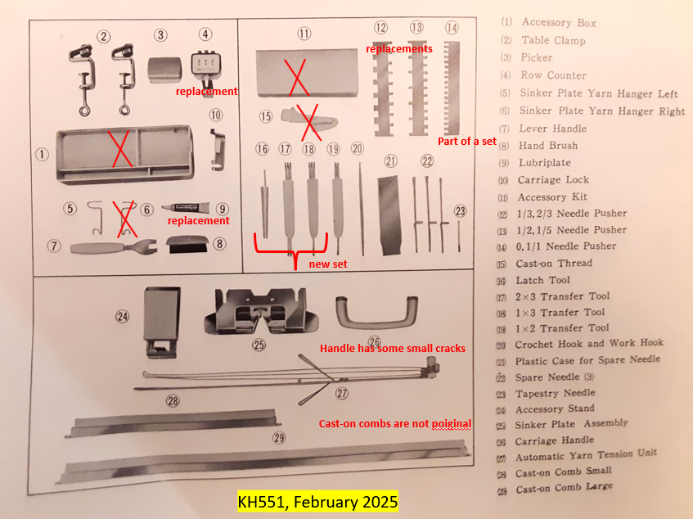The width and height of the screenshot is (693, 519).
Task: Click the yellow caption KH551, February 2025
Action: (317, 502)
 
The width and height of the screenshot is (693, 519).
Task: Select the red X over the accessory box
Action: (120, 148)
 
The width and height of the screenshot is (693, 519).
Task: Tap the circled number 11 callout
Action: (304, 34)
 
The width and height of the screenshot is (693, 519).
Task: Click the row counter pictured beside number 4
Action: (205, 71)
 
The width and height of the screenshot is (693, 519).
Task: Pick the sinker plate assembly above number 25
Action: (261, 311)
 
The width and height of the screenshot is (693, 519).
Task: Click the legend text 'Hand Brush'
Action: (548, 146)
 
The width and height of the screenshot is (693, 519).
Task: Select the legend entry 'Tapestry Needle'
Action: (555, 393)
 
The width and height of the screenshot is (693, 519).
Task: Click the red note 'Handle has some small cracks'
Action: (393, 349)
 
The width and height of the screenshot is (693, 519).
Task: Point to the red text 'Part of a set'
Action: (467, 141)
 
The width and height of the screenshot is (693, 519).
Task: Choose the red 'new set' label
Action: (328, 264)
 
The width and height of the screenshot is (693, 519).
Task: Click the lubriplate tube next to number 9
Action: (185, 207)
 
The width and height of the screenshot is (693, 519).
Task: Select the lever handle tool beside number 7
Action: (114, 246)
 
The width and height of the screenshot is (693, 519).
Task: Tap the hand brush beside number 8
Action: (187, 244)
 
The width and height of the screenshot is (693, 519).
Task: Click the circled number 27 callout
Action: (342, 393)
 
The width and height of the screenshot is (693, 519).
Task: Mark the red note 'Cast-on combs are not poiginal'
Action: (394, 423)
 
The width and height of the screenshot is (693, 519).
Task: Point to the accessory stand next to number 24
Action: (162, 322)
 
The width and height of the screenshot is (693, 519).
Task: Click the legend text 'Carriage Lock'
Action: (553, 180)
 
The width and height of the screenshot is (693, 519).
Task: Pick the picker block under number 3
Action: (164, 70)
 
